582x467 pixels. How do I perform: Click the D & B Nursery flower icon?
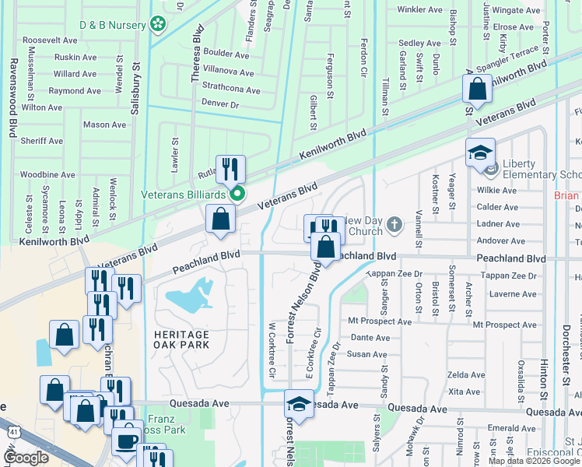[x=159, y=25]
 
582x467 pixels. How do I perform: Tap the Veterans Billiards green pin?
[x=239, y=194]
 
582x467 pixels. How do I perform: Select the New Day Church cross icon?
[x=395, y=226]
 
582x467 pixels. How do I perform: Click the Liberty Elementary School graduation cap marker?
[x=481, y=153]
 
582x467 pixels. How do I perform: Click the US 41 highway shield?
[x=14, y=430]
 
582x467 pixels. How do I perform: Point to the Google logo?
[x=26, y=458]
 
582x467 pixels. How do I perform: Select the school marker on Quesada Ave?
[x=298, y=403]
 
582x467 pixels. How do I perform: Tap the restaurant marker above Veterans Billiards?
[x=230, y=169]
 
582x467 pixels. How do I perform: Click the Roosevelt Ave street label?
[x=50, y=40]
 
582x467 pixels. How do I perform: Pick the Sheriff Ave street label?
[x=41, y=141]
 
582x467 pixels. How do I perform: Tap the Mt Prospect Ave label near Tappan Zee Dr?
[x=380, y=321]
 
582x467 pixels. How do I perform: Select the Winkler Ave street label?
[x=419, y=9]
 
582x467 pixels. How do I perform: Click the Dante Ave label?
[x=370, y=338]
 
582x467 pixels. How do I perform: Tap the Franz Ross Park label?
[x=163, y=423]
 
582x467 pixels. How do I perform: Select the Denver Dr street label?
[x=219, y=104]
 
